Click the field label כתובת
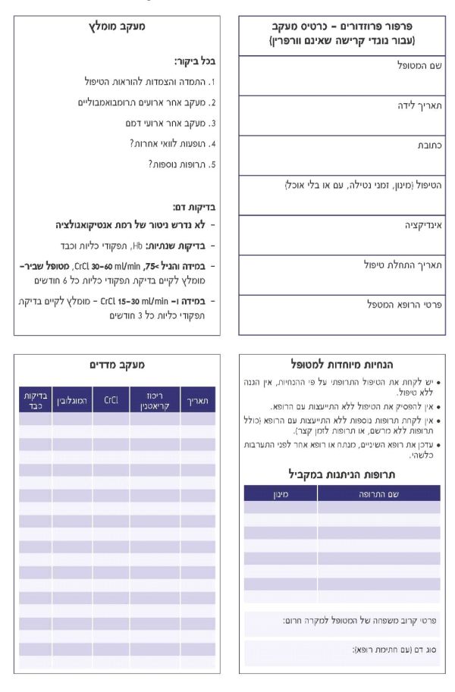pos(429,145)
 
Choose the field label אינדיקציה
pos(423,225)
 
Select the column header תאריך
pos(198,399)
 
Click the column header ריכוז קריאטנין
pos(155,399)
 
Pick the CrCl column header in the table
pos(111,399)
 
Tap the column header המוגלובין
pos(71,399)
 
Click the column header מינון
pos(281,493)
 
